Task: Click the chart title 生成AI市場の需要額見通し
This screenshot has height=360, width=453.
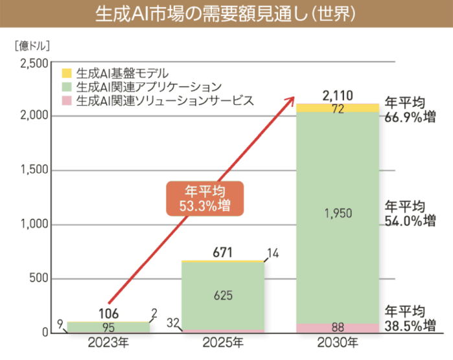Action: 226,14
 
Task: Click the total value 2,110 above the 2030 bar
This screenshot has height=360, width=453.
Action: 337,96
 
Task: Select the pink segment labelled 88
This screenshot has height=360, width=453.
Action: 337,327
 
